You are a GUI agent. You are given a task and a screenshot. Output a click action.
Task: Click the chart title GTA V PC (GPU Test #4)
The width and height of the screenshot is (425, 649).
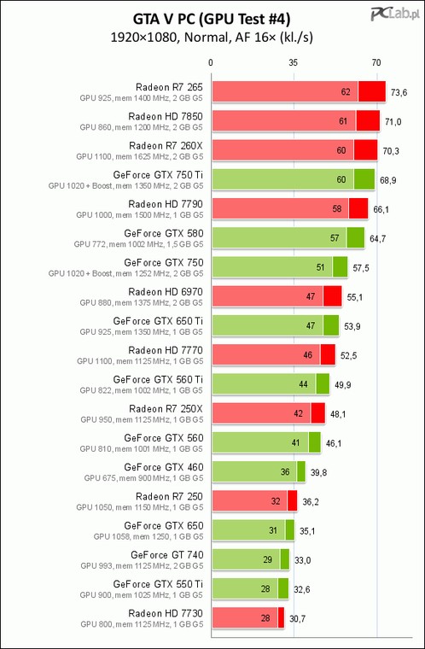click(x=212, y=19)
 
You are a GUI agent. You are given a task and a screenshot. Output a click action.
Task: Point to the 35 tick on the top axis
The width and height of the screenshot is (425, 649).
click(x=294, y=63)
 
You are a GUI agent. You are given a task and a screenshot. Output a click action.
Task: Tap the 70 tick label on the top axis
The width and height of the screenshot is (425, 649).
click(x=376, y=63)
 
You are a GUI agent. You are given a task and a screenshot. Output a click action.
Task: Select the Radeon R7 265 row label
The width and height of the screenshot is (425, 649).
click(x=170, y=87)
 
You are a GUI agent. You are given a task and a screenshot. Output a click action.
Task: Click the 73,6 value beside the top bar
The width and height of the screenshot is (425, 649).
click(x=399, y=92)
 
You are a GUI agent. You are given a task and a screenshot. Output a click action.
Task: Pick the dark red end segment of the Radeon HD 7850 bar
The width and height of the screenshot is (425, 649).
click(x=368, y=121)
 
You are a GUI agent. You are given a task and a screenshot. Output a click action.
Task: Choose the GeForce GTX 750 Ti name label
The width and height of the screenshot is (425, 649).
click(x=158, y=175)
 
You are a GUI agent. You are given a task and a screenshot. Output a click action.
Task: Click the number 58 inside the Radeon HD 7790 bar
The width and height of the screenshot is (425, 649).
click(x=337, y=208)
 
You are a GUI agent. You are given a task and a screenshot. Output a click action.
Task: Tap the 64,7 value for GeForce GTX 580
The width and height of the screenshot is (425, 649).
click(x=378, y=239)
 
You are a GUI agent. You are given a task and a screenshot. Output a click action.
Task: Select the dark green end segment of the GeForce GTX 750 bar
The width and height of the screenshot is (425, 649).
click(x=341, y=267)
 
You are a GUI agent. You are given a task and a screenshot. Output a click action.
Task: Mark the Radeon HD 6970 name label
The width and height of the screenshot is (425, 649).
click(x=166, y=292)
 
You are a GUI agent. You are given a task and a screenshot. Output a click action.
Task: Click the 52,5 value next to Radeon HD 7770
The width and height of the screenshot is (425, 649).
click(x=348, y=355)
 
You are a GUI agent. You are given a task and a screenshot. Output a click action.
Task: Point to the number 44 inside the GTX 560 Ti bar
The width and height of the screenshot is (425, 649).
click(x=303, y=384)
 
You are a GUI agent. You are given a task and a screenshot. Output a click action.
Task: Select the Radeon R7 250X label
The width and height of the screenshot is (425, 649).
click(x=166, y=408)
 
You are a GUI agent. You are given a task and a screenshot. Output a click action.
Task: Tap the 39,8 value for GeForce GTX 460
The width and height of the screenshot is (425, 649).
click(x=318, y=473)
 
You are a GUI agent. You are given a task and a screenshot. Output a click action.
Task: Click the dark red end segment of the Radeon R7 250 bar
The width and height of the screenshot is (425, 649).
click(x=293, y=500)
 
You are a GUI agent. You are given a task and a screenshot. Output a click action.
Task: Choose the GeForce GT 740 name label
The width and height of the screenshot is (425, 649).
click(x=167, y=554)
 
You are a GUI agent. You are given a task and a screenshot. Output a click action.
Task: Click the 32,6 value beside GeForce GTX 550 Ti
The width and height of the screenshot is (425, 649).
click(x=301, y=590)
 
